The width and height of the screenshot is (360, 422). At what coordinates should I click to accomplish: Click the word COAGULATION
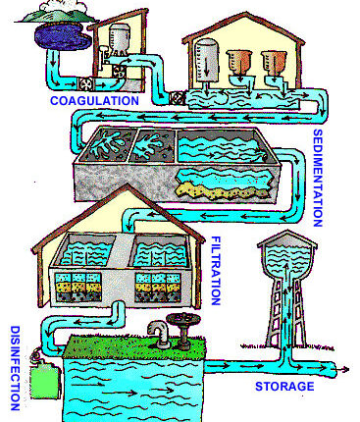pyautogui.click(x=94, y=100)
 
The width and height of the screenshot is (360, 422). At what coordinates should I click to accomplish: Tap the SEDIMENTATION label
pyautogui.click(x=318, y=179)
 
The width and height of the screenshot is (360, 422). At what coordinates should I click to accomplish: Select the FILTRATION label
pyautogui.click(x=216, y=271)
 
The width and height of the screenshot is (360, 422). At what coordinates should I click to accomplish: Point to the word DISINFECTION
pyautogui.click(x=15, y=368)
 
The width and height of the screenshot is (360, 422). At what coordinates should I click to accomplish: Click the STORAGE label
pyautogui.click(x=284, y=387)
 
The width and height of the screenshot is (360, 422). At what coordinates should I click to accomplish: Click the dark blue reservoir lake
pyautogui.click(x=62, y=36)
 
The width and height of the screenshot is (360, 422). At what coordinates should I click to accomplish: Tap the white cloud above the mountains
pyautogui.click(x=62, y=7)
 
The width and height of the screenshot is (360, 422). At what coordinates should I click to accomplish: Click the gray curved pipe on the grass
pyautogui.click(x=159, y=333)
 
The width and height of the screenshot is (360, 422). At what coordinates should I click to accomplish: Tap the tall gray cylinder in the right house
pyautogui.click(x=206, y=61)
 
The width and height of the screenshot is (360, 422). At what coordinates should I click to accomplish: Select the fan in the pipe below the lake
pyautogui.click(x=86, y=85)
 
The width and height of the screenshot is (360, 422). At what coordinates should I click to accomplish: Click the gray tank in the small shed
pyautogui.click(x=119, y=39)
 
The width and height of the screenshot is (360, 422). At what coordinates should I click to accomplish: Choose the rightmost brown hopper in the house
pyautogui.click(x=275, y=61)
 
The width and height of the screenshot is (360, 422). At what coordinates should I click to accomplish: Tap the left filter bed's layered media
pyautogui.click(x=77, y=287)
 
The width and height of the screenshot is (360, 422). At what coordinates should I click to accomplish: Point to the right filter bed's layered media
pyautogui.click(x=158, y=288)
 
